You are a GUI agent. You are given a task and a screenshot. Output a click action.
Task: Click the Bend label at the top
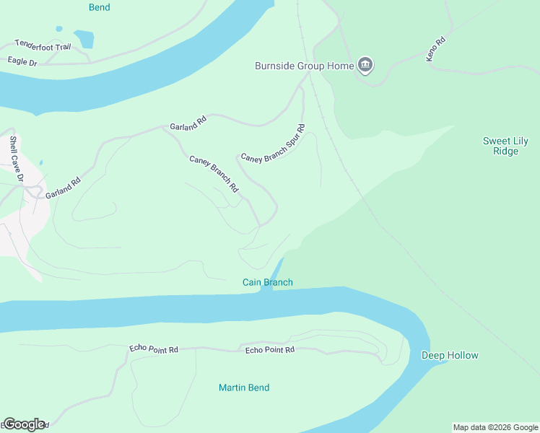100,8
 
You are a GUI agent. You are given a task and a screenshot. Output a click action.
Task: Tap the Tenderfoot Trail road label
43,45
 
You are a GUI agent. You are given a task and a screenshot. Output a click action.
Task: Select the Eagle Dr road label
22,62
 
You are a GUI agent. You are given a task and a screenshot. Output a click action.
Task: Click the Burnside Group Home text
304,66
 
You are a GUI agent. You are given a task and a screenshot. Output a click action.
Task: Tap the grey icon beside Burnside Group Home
365,66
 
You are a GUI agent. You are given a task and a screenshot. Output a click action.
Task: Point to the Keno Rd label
437,49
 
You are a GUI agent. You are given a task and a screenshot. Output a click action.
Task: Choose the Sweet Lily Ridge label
506,146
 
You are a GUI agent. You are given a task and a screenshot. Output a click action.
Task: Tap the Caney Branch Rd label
214,174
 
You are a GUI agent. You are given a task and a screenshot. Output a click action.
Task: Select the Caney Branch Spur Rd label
273,144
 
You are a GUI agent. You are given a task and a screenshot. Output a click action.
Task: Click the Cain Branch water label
267,282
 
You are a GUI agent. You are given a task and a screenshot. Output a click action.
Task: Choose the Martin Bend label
244,388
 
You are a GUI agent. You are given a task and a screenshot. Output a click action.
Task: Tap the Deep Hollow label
450,355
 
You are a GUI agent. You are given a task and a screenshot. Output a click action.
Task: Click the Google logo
23,424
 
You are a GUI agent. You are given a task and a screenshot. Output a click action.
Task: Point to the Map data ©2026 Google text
495,427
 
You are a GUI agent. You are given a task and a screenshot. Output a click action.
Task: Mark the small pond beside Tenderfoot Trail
84,38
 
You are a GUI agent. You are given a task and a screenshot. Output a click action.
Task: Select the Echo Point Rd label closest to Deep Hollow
270,350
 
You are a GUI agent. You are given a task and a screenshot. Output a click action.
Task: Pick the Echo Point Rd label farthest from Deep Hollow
153,349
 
